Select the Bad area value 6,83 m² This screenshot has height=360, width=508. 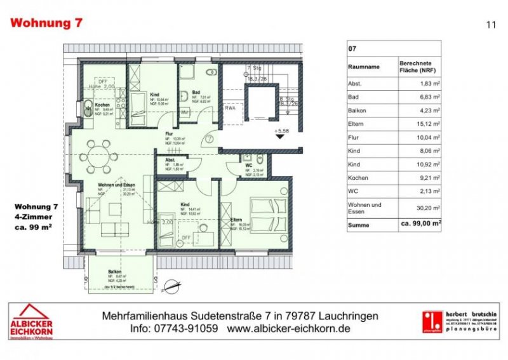point(430,97)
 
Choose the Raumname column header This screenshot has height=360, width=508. point(364,65)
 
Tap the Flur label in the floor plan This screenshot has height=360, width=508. point(170,134)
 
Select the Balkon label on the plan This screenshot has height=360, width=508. point(114,269)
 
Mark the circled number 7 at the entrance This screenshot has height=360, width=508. point(209,139)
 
